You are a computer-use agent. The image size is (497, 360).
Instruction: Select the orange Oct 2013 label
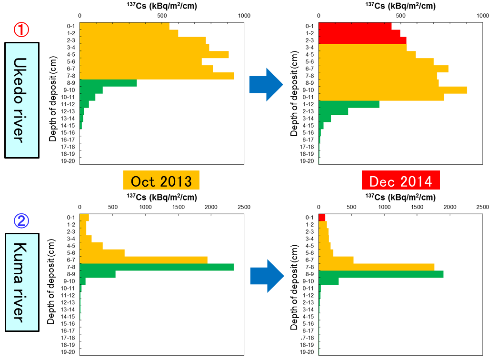[x=161, y=181]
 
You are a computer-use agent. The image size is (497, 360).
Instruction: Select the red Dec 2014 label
[x=400, y=181]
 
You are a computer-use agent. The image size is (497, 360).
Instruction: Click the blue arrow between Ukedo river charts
[x=266, y=84]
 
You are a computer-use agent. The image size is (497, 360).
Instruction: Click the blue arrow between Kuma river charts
[x=267, y=276]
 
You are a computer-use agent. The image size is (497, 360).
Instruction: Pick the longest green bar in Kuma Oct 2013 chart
[x=157, y=267]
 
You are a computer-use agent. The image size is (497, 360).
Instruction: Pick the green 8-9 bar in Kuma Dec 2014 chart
[x=381, y=274]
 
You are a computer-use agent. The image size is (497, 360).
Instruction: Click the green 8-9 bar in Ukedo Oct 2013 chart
[x=108, y=83]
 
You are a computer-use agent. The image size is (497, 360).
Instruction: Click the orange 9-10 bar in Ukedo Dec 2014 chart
[x=393, y=90]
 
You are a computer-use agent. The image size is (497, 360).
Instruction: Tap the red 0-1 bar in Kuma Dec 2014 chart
[x=322, y=218]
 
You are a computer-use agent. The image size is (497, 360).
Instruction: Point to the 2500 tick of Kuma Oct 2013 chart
[x=244, y=207]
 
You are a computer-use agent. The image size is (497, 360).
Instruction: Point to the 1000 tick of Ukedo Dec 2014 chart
[x=483, y=16]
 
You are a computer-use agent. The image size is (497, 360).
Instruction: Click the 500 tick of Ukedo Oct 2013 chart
[x=162, y=16]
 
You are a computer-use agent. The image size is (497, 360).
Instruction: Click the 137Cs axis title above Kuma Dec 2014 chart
[x=400, y=198]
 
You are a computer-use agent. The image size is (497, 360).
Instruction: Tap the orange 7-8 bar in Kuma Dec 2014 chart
[x=376, y=267]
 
